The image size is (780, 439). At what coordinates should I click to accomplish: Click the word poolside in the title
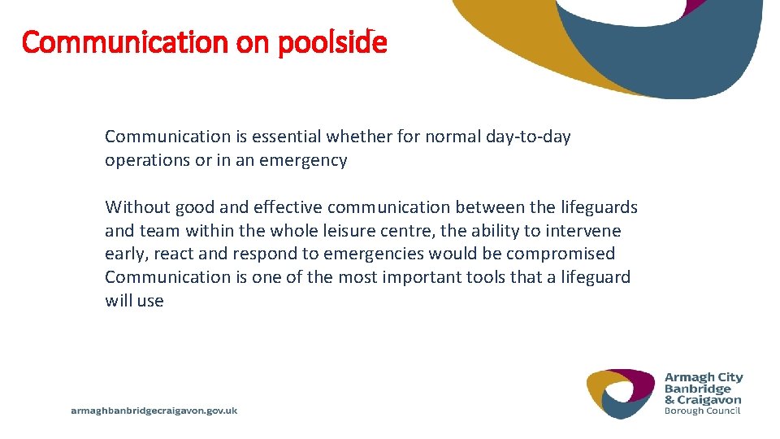[332, 42]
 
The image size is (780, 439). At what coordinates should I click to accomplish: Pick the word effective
[289, 207]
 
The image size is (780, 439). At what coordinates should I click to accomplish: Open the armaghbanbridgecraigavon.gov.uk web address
[154, 411]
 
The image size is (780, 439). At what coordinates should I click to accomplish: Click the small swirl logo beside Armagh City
[621, 393]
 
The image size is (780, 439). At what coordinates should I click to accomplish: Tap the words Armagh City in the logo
[704, 377]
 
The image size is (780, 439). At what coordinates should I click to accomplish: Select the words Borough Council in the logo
[703, 411]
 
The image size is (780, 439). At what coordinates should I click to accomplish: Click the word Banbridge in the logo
[698, 389]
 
